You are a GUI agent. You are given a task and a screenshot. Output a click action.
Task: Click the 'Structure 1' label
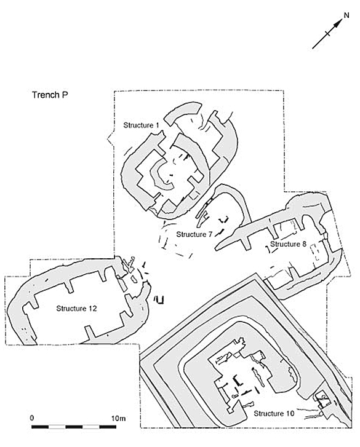[141, 125]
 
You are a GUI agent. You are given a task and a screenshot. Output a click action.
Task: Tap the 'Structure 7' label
[194, 234]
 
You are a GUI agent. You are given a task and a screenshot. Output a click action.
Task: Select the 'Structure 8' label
[288, 244]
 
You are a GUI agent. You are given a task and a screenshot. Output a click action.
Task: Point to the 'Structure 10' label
[274, 413]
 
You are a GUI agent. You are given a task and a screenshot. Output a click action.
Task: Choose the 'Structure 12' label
[76, 309]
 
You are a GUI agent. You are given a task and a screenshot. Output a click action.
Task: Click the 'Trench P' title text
[50, 95]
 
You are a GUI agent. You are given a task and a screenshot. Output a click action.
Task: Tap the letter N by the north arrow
[346, 15]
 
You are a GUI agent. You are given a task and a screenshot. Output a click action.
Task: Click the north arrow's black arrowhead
[338, 23]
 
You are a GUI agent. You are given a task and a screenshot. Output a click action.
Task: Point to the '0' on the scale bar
[31, 418]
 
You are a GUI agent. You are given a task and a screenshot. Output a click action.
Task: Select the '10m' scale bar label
[118, 419]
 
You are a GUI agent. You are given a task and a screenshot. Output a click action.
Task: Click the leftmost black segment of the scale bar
[40, 427]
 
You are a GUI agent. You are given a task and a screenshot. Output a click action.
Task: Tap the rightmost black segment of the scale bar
[108, 427]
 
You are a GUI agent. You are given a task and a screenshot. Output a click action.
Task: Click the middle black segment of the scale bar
[74, 427]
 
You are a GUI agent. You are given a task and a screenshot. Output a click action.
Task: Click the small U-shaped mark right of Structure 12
[159, 300]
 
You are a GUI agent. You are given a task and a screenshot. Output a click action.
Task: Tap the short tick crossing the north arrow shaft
[328, 33]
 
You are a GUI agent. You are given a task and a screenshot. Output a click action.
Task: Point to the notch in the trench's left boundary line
[110, 139]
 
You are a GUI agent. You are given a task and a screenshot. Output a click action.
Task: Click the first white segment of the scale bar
[57, 427]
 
